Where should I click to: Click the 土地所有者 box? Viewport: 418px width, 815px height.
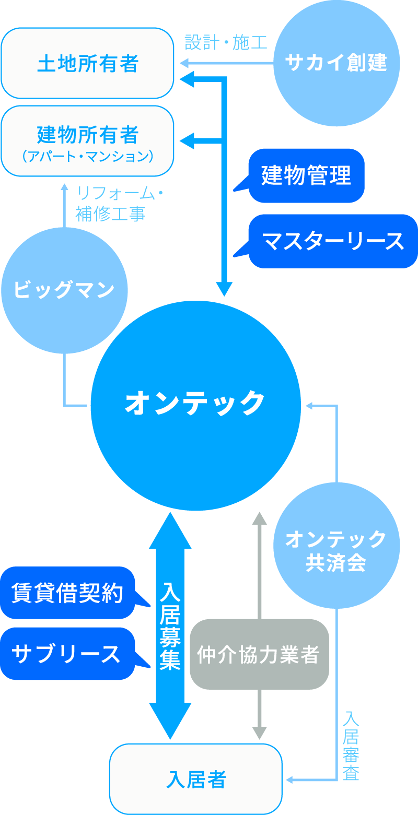pyautogui.click(x=87, y=63)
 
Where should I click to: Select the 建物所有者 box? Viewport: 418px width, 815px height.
pyautogui.click(x=87, y=141)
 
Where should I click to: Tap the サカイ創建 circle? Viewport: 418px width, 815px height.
pyautogui.click(x=336, y=63)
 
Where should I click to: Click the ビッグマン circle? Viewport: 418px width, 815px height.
pyautogui.click(x=64, y=290)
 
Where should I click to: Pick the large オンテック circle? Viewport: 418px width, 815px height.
pyautogui.click(x=195, y=405)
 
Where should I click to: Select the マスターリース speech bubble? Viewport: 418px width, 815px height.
pyautogui.click(x=333, y=241)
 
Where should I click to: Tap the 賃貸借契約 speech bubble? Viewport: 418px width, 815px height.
pyautogui.click(x=68, y=593)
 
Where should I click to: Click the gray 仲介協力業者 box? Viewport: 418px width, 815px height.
pyautogui.click(x=259, y=654)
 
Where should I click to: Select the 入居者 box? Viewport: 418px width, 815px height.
pyautogui.click(x=196, y=779)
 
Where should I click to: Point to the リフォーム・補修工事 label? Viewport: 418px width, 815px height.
pyautogui.click(x=118, y=203)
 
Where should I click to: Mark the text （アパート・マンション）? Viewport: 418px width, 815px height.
pyautogui.click(x=87, y=156)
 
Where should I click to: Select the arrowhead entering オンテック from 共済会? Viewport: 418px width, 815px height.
pyautogui.click(x=310, y=405)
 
